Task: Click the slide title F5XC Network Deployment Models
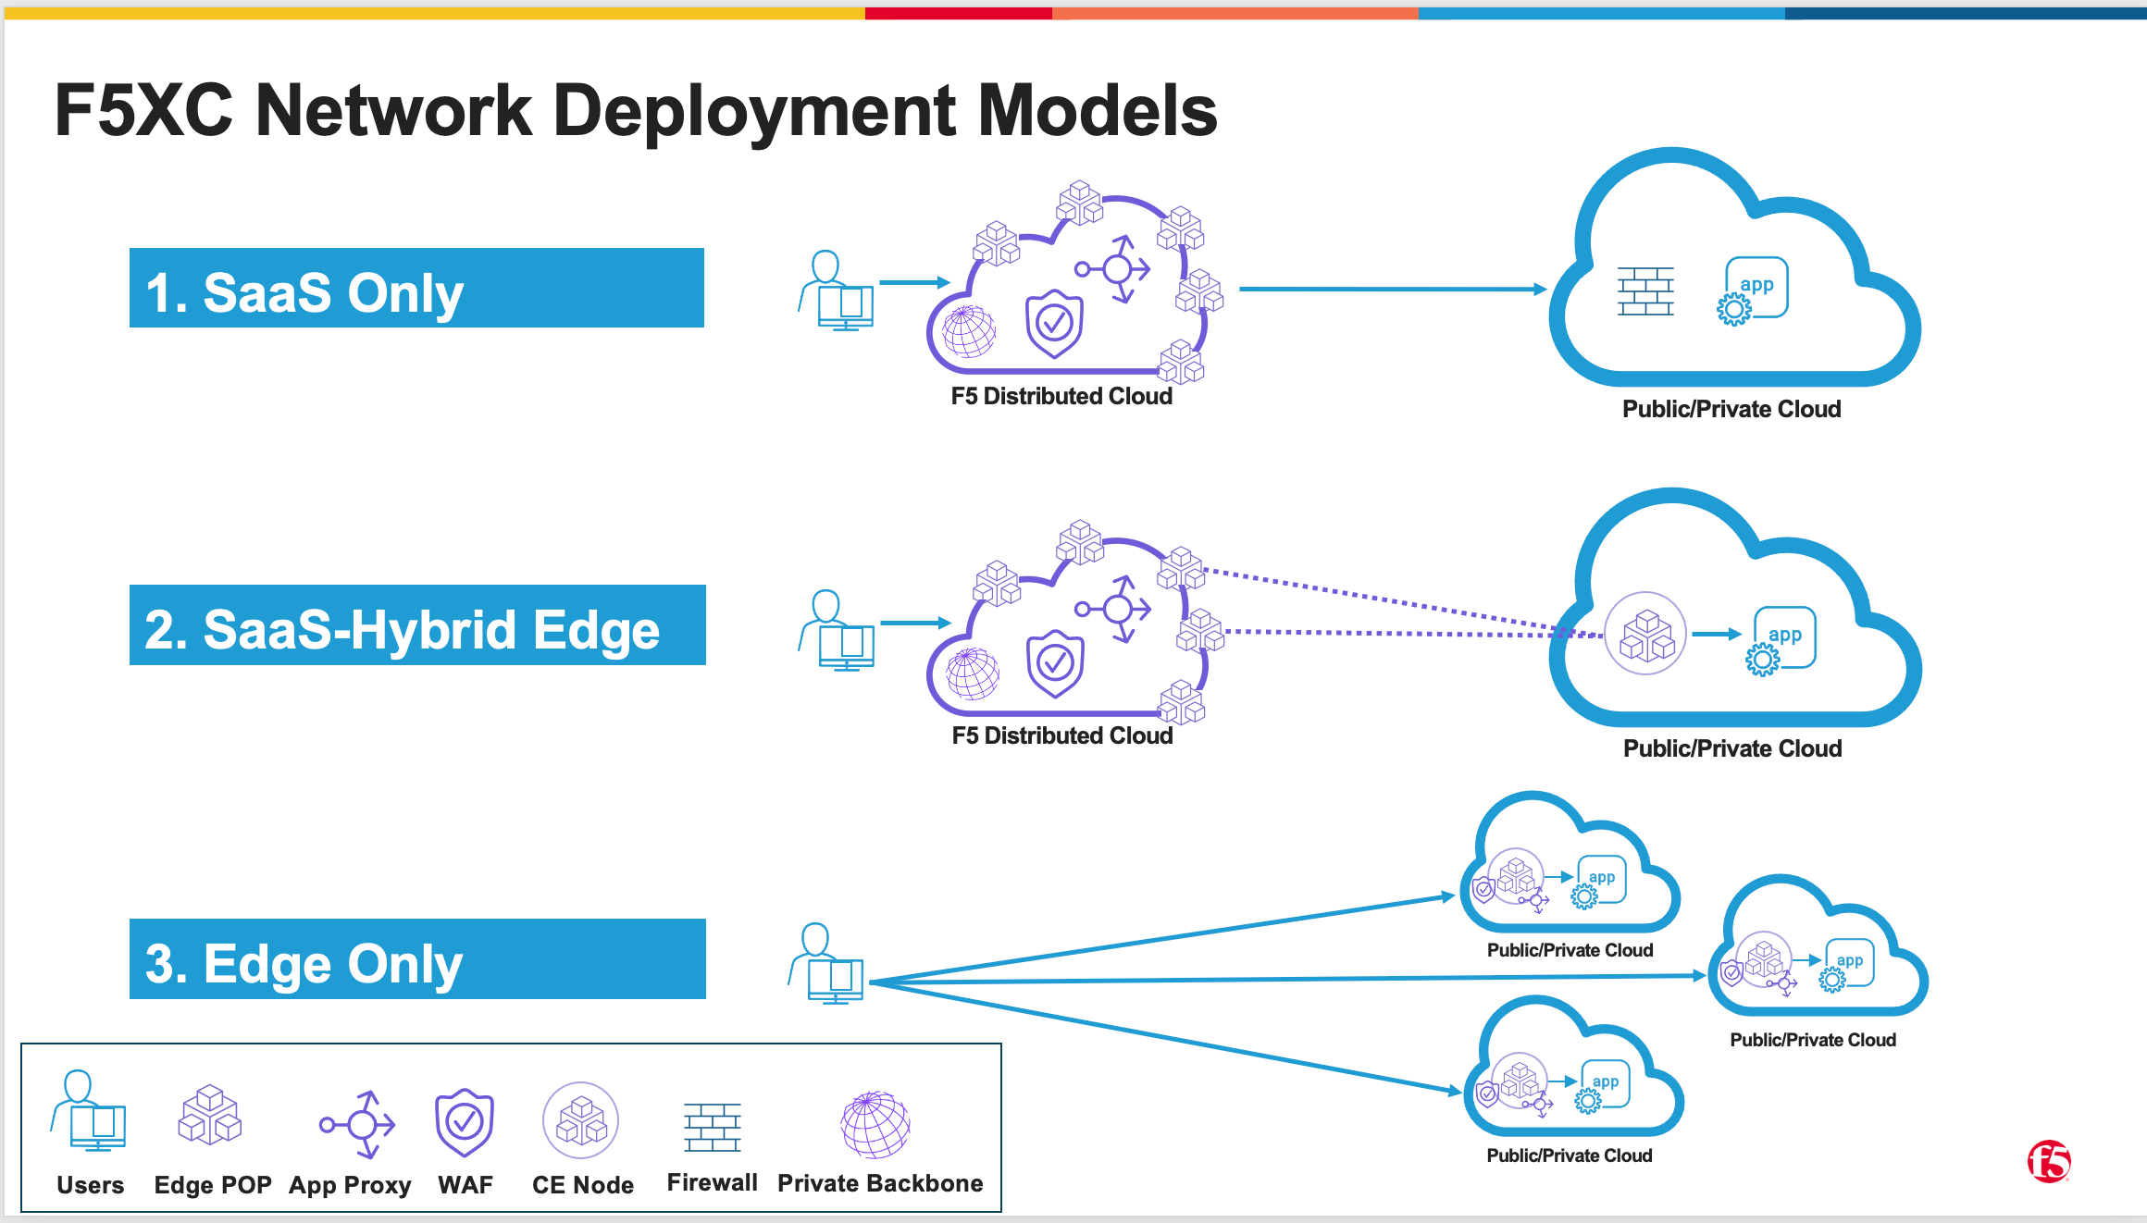pyautogui.click(x=635, y=111)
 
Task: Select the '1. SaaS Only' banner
pyautogui.click(x=416, y=289)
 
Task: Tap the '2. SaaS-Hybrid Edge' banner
pyautogui.click(x=416, y=626)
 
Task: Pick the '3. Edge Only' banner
pyautogui.click(x=416, y=960)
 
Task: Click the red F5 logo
pyautogui.click(x=2048, y=1162)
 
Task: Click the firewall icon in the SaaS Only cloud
pyautogui.click(x=1645, y=291)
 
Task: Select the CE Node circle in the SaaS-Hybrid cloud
pyautogui.click(x=1645, y=634)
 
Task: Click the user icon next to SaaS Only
pyautogui.click(x=837, y=290)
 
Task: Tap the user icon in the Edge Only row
pyautogui.click(x=826, y=964)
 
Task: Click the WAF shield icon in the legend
pyautogui.click(x=465, y=1122)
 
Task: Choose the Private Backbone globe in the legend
pyautogui.click(x=875, y=1124)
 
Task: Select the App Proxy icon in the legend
pyautogui.click(x=358, y=1124)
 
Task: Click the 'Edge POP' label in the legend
pyautogui.click(x=213, y=1185)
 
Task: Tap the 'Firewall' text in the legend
pyautogui.click(x=712, y=1183)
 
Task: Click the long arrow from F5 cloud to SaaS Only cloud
pyautogui.click(x=1388, y=290)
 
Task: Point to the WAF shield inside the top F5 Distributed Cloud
pyautogui.click(x=1054, y=324)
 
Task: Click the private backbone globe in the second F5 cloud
pyautogui.click(x=972, y=673)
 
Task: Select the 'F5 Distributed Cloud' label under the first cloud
pyautogui.click(x=1061, y=397)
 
